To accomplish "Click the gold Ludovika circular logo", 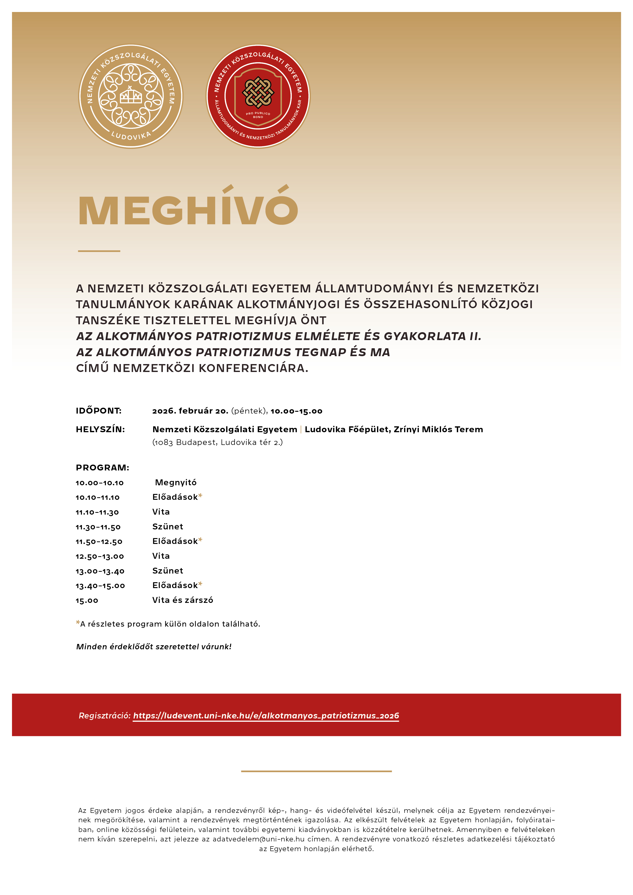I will click(131, 96).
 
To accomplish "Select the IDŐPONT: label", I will click(99, 411).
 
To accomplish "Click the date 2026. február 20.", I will click(190, 411).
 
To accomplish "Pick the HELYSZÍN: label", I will click(100, 429).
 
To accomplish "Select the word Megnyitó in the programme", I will click(176, 483).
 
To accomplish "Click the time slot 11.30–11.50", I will click(98, 527).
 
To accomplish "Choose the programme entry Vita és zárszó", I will click(182, 600).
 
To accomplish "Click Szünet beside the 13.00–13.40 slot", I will click(168, 571).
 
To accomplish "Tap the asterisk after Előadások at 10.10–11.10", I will click(200, 496).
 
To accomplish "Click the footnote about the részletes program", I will click(168, 624).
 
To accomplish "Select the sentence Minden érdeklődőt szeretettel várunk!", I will click(154, 647).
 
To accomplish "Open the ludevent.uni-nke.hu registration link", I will click(266, 716).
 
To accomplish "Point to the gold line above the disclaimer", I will click(316, 771).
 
